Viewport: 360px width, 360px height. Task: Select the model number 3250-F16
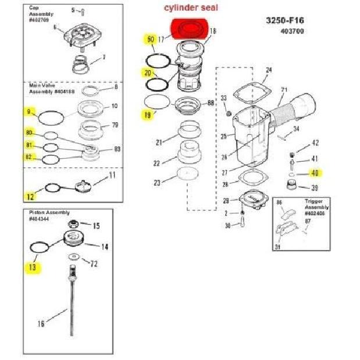point(284,21)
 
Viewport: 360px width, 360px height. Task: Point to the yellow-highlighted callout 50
point(150,40)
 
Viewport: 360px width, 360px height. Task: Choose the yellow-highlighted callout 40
point(315,173)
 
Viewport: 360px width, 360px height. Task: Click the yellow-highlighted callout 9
point(28,111)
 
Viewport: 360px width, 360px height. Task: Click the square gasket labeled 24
point(249,91)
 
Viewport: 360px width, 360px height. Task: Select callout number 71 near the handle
point(284,90)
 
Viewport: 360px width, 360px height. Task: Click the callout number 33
point(224,98)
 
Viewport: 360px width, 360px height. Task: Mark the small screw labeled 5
point(83,11)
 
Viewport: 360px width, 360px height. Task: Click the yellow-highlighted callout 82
point(28,157)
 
